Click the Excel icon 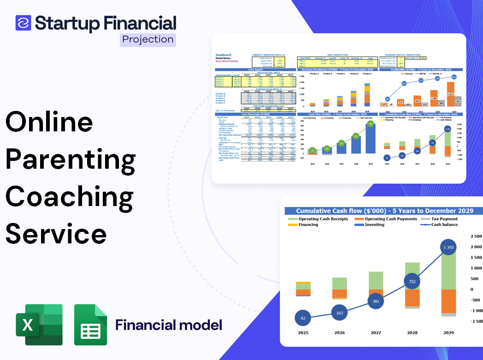coord(39,325)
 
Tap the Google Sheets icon coord(91,325)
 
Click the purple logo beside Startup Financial coord(23,23)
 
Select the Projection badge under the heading coord(148,39)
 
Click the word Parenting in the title coord(71,159)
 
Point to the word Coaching coord(70,197)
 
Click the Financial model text coord(169,325)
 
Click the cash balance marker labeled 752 coord(412,281)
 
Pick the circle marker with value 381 coord(376,301)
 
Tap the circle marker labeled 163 coord(339,313)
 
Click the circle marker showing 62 coord(303,318)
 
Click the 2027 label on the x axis coord(376,332)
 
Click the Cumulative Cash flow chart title coord(384,211)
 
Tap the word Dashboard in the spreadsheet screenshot coord(224,55)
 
